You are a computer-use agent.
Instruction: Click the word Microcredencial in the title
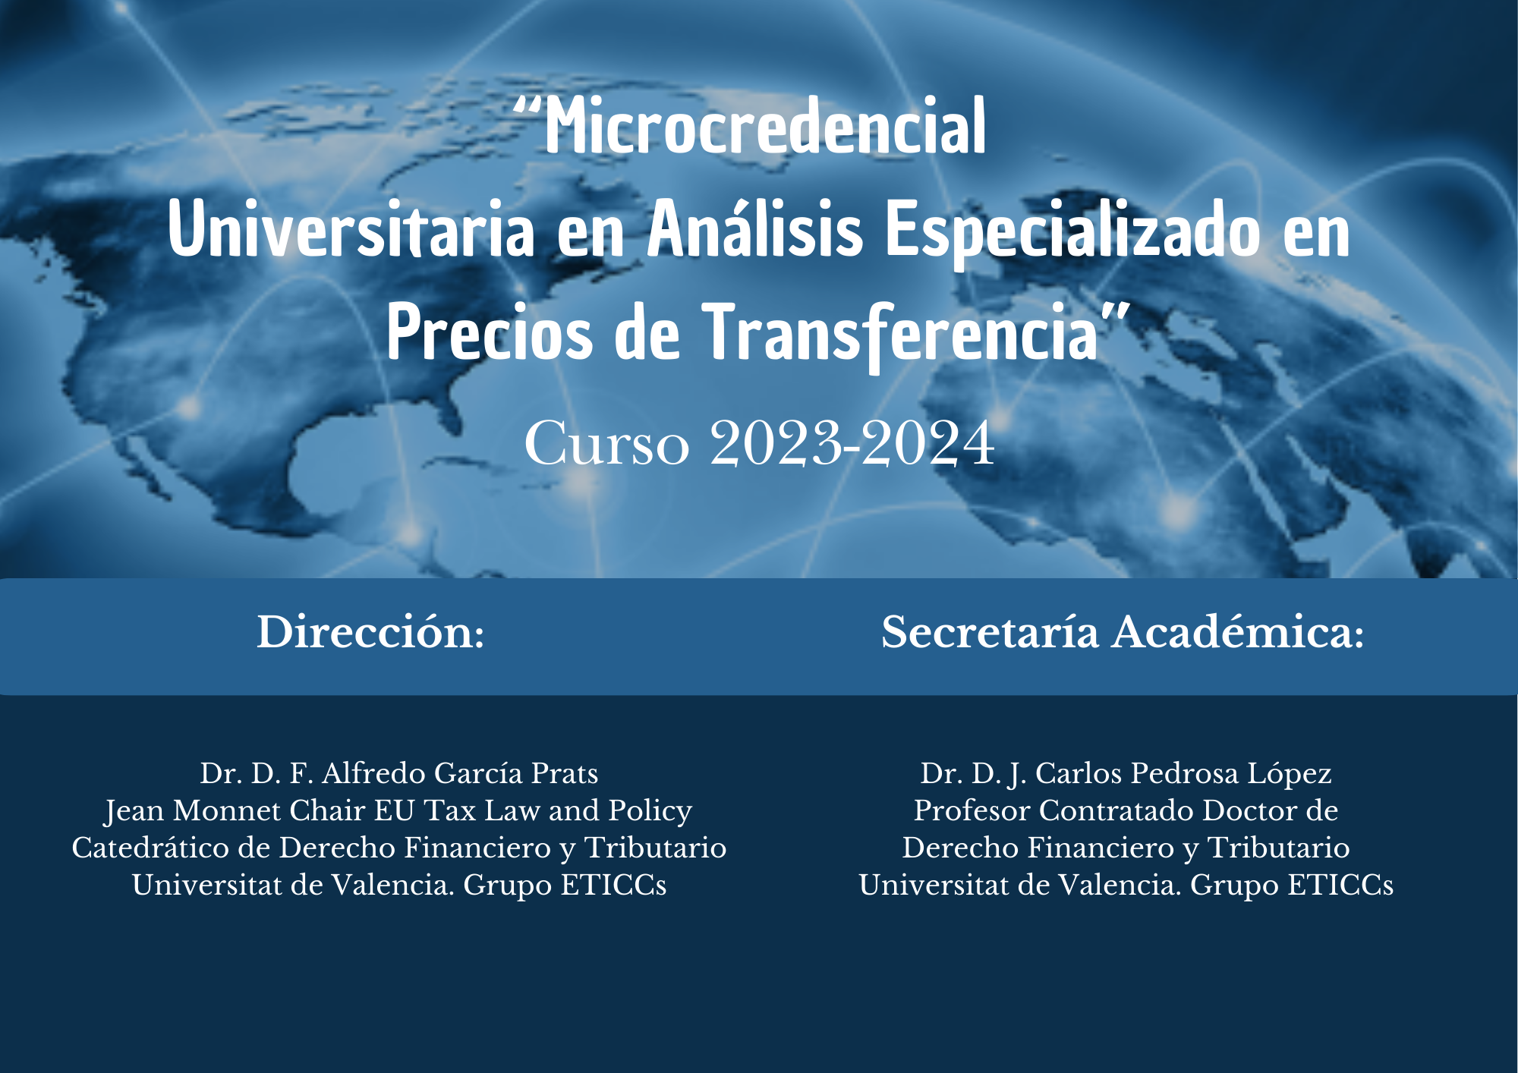766,125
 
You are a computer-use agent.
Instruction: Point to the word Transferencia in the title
901,334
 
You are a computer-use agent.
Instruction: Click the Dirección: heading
370,631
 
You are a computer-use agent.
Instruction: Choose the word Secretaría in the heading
990,631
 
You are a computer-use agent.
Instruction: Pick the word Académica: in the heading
1238,631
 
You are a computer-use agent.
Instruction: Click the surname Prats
565,772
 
